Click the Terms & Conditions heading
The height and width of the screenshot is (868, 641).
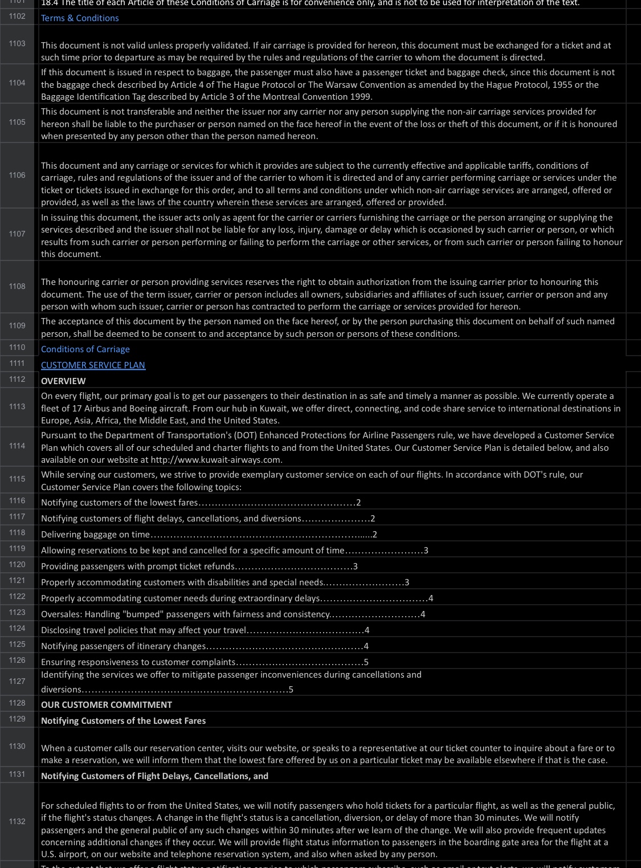tap(80, 18)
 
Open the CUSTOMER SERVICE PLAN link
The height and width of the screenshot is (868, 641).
tap(93, 365)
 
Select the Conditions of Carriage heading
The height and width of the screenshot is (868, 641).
tap(85, 349)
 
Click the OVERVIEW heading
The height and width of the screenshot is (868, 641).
tap(63, 381)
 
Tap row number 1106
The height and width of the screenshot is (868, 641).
tap(17, 176)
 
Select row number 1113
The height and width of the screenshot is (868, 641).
tap(17, 407)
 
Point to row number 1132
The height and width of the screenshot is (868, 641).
tap(17, 822)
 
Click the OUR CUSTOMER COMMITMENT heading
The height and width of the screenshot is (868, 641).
tap(107, 705)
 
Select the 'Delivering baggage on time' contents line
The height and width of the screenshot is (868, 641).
tap(95, 535)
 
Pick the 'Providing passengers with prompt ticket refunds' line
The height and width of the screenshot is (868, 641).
tap(137, 567)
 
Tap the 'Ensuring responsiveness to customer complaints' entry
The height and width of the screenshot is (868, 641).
tap(138, 662)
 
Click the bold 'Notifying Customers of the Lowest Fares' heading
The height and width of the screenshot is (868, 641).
tap(123, 721)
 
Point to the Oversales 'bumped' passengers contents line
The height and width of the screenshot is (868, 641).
tap(185, 614)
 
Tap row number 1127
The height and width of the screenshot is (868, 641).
tap(17, 682)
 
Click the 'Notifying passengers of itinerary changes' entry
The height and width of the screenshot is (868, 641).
tap(123, 646)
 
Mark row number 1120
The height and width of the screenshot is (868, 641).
tap(17, 565)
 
